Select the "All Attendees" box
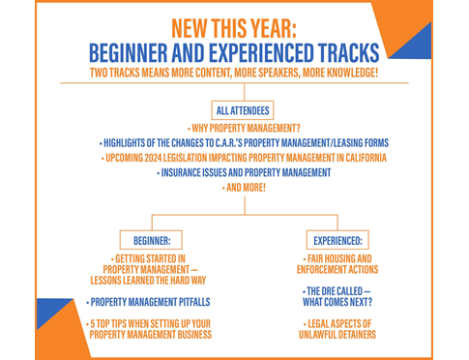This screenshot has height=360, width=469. coord(236,109)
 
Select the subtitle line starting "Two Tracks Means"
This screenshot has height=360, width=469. coord(233,73)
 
